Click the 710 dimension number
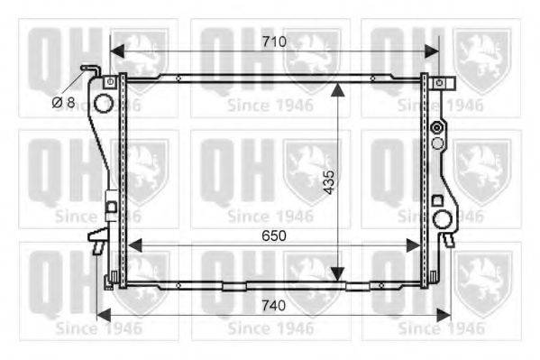[x=274, y=42]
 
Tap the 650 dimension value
[x=274, y=235]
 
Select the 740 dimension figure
[x=273, y=306]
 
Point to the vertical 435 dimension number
[x=329, y=181]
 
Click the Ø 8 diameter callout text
[x=64, y=102]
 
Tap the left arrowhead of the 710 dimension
[x=117, y=51]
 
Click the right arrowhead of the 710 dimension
[x=432, y=51]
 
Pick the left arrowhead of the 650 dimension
[x=134, y=245]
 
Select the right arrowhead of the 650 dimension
[x=414, y=245]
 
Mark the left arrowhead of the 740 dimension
[x=104, y=315]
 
